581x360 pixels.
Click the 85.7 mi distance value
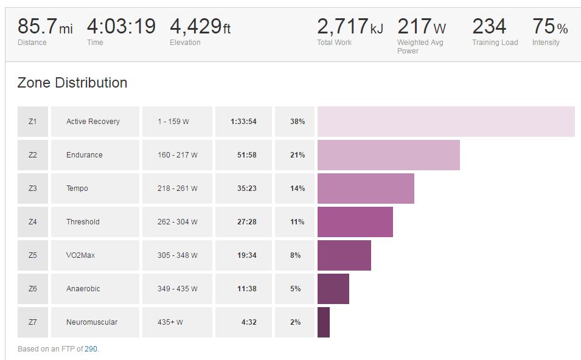[44, 27]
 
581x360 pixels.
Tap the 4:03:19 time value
[121, 27]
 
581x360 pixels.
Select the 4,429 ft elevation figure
[200, 27]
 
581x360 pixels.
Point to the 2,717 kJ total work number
[350, 27]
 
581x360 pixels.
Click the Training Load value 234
[489, 27]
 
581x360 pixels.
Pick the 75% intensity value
[550, 27]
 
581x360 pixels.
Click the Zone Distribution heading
[72, 83]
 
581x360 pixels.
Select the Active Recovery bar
[446, 122]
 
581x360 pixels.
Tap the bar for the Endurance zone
[388, 155]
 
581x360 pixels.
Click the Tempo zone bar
[366, 189]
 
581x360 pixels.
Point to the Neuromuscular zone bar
[323, 322]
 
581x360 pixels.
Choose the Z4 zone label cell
[33, 222]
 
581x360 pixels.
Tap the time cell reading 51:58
[246, 155]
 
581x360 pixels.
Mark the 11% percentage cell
[297, 222]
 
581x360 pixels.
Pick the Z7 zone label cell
[33, 322]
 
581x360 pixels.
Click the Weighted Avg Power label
[420, 47]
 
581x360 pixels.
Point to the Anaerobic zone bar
[333, 289]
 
